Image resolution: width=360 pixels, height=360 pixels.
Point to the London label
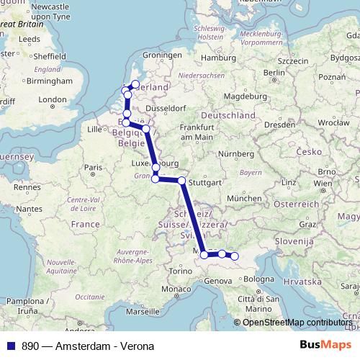pyautogui.click(x=52, y=100)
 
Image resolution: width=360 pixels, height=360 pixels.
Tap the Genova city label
pyautogui.click(x=218, y=281)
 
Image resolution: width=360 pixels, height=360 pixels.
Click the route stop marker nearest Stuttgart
pyautogui.click(x=181, y=181)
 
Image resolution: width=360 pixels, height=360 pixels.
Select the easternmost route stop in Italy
pyautogui.click(x=234, y=256)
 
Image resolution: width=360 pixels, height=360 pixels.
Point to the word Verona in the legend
pyautogui.click(x=135, y=346)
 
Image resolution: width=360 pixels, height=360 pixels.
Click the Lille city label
pyautogui.click(x=94, y=129)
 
